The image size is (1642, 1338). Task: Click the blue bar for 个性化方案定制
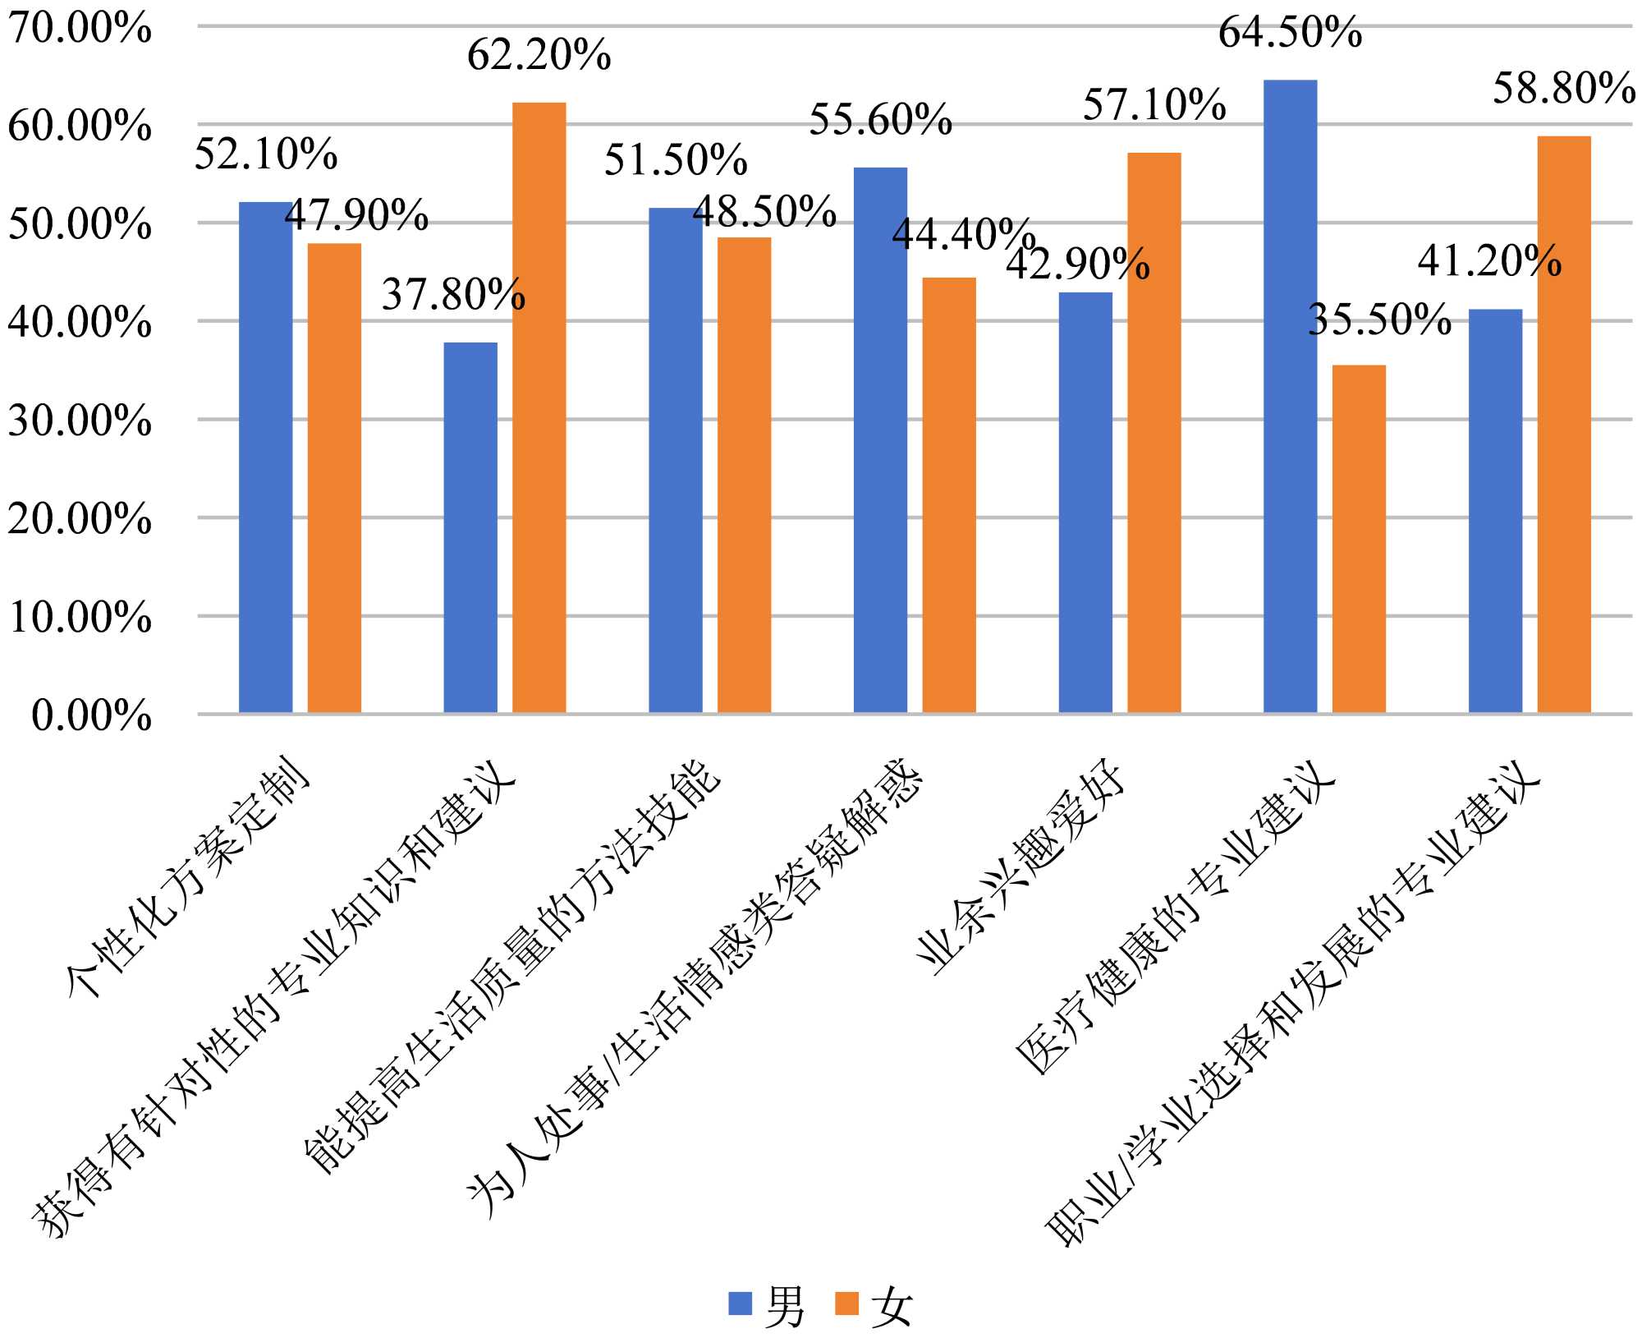[265, 457]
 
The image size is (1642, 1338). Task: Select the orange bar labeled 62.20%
[539, 407]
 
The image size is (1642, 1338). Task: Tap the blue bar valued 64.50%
[1290, 396]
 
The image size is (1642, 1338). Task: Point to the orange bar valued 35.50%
[1359, 539]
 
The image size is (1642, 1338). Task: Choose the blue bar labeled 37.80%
[470, 527]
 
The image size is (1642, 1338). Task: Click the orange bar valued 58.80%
[1564, 424]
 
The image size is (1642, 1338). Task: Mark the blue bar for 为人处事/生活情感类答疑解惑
[880, 440]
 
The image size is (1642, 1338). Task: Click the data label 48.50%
[764, 212]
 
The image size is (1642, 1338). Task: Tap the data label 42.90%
[1077, 264]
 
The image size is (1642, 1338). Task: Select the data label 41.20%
[1489, 262]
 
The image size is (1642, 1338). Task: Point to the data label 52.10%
[266, 154]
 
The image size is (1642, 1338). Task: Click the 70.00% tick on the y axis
[80, 29]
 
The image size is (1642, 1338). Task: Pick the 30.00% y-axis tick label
[80, 421]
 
